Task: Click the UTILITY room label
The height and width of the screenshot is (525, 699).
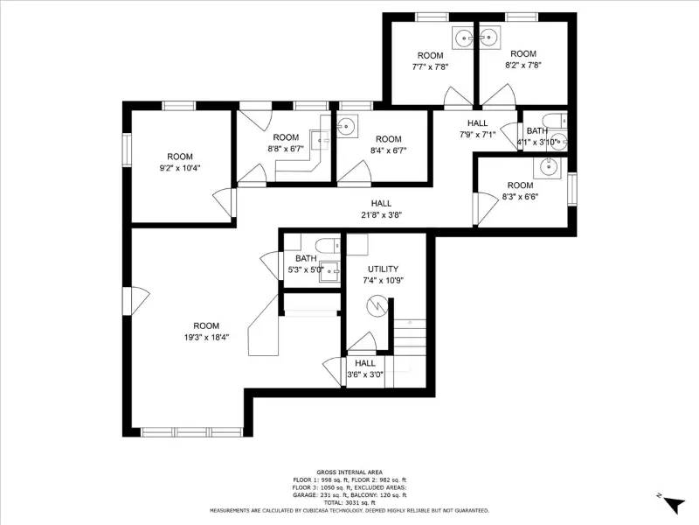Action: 384,269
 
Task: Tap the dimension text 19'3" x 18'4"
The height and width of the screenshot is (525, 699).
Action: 206,337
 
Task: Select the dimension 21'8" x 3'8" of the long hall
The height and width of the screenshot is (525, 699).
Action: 380,214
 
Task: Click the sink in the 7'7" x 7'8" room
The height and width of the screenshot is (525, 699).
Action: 461,37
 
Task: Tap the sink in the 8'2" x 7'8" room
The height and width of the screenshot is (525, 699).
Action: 489,37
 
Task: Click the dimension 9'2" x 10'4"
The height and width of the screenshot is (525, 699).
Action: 180,168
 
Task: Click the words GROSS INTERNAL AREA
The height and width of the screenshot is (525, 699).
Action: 349,472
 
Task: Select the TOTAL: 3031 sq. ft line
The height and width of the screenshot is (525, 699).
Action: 349,503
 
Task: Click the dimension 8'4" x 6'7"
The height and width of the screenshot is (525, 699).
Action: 388,150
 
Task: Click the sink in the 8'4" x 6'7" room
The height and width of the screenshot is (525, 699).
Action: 348,125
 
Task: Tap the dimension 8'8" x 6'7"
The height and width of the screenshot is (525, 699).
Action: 286,149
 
